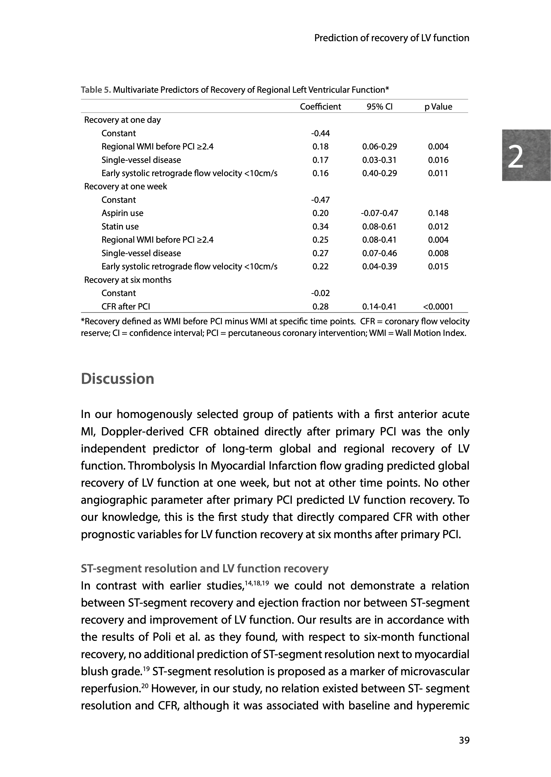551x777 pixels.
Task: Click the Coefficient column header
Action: [x=320, y=107]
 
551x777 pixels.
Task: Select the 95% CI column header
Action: [x=379, y=107]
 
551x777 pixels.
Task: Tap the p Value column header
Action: [x=438, y=107]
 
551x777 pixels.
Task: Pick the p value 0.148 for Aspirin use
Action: [x=438, y=213]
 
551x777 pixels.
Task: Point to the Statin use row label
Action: [x=120, y=226]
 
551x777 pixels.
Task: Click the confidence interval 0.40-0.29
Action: [x=379, y=173]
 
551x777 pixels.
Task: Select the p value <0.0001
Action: [x=438, y=307]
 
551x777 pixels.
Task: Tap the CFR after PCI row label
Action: [x=125, y=307]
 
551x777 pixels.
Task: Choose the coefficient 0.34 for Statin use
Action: [x=320, y=226]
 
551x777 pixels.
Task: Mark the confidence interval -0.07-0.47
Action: [x=379, y=213]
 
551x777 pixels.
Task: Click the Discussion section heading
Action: [x=117, y=379]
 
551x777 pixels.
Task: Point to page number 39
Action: [x=464, y=740]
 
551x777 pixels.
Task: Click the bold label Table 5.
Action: [x=96, y=90]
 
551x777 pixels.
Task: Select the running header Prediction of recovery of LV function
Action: [x=392, y=38]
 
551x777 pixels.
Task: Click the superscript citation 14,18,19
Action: [x=257, y=584]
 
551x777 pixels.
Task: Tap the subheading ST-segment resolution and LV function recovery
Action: [x=204, y=569]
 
